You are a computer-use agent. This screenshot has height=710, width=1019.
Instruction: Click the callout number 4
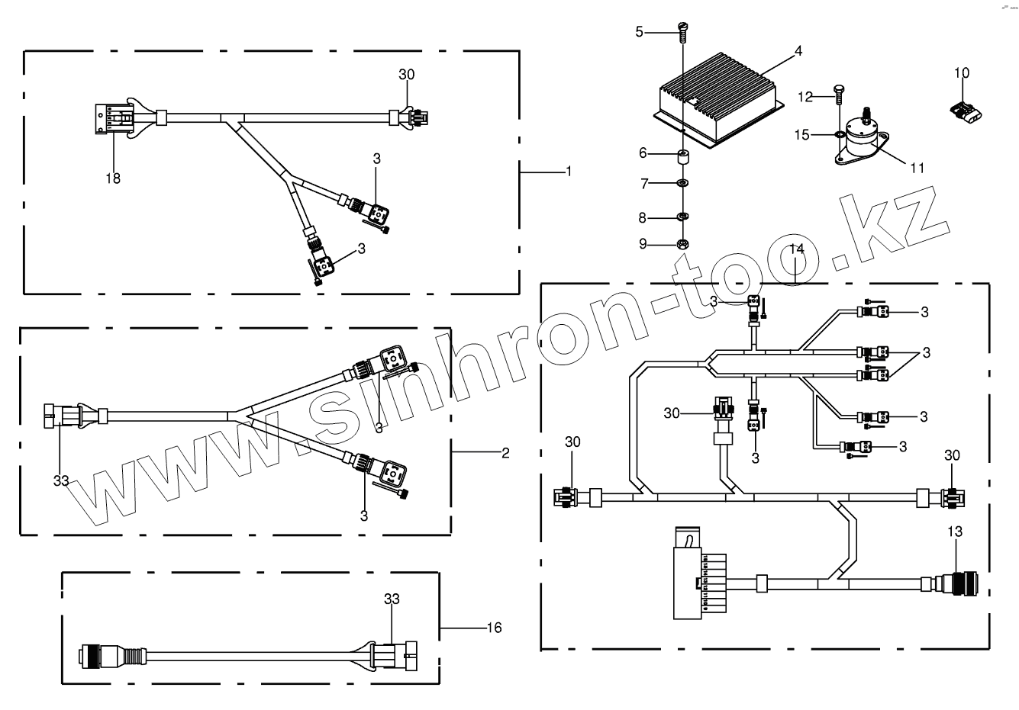(798, 51)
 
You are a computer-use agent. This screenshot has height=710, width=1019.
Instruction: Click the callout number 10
(961, 73)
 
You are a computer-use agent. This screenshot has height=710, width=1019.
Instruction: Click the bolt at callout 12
(840, 94)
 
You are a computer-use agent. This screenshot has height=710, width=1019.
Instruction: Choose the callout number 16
(495, 628)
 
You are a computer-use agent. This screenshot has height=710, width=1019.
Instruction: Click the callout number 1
(569, 172)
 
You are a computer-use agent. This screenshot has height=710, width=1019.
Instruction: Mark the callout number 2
(505, 453)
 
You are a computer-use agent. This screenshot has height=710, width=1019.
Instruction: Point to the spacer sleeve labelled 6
(682, 157)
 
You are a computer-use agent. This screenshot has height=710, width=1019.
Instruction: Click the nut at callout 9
(682, 244)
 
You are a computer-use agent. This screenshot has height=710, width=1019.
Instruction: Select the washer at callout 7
(682, 184)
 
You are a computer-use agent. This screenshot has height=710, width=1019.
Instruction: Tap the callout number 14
(796, 249)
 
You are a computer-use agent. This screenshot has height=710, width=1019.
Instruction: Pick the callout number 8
(643, 218)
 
